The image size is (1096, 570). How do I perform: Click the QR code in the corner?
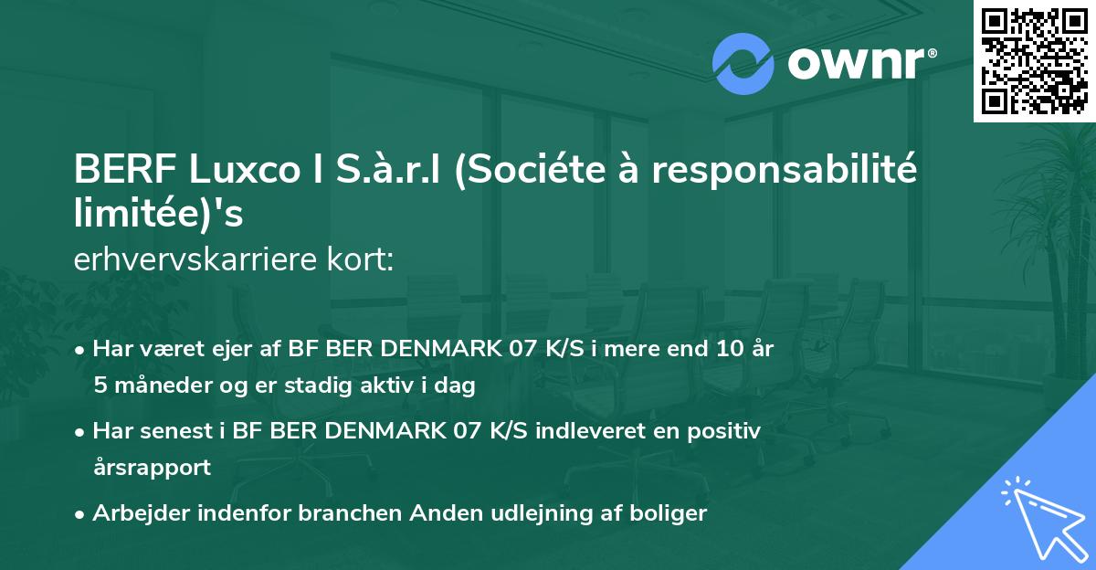pyautogui.click(x=1034, y=61)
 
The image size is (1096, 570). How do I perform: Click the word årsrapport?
pyautogui.click(x=152, y=468)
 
